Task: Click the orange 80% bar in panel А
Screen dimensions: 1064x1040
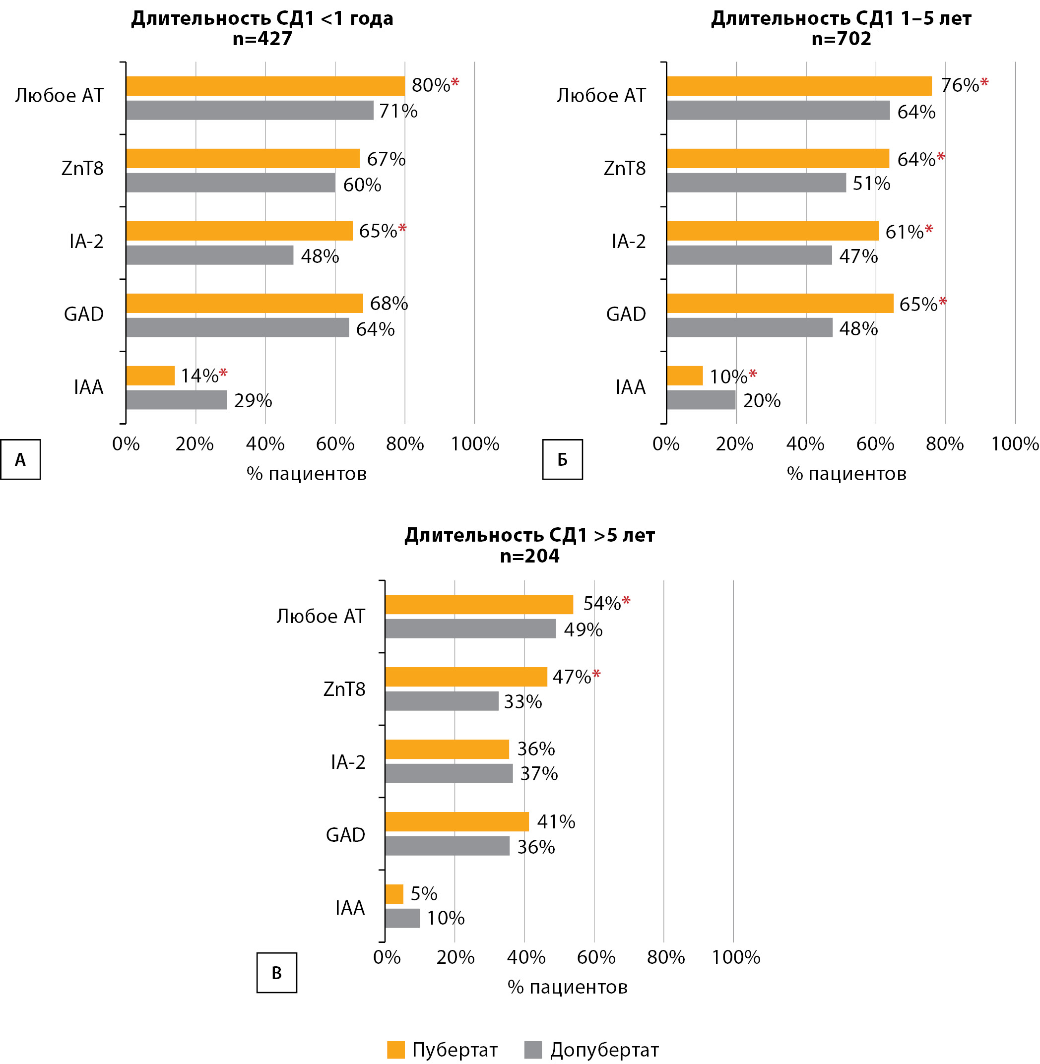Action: click(x=265, y=86)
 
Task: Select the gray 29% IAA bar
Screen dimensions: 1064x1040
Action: click(x=177, y=400)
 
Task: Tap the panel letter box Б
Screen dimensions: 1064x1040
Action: click(x=562, y=460)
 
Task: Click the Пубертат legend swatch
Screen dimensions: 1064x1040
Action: click(x=395, y=1049)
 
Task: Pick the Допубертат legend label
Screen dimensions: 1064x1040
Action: click(x=604, y=1049)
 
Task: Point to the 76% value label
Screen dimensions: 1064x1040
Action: click(x=959, y=86)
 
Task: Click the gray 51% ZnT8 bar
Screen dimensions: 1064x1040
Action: click(x=756, y=183)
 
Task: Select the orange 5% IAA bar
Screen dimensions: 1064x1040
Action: click(x=394, y=894)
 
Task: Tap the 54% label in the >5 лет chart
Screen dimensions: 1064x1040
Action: click(x=602, y=603)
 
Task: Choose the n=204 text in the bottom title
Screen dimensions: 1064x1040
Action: click(x=529, y=556)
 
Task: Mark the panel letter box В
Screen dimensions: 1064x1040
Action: click(x=277, y=972)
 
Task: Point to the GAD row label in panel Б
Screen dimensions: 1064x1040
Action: click(x=626, y=314)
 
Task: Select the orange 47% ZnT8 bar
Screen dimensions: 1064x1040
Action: click(x=466, y=677)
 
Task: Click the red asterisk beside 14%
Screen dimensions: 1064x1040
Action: click(x=223, y=374)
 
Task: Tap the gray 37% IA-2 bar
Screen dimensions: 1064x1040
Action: click(x=449, y=773)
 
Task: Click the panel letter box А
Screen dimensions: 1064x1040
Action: click(x=20, y=460)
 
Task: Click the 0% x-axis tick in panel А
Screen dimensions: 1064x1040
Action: click(x=126, y=444)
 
